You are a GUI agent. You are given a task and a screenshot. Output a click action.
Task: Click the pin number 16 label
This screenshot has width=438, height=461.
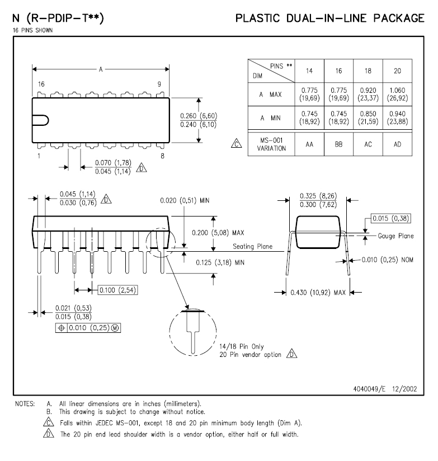[41, 84]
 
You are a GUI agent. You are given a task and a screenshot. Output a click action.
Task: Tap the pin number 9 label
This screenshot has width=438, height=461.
[159, 84]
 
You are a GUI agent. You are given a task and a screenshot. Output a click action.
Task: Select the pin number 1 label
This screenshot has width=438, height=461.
[39, 156]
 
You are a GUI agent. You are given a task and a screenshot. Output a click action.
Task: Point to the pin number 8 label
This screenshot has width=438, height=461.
[162, 156]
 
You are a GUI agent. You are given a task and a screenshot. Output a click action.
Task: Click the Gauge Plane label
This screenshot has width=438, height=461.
[395, 236]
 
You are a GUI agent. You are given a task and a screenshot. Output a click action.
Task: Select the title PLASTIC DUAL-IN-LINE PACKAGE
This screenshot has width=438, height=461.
[329, 18]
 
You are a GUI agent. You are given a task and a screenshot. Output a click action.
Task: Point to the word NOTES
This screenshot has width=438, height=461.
[22, 403]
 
